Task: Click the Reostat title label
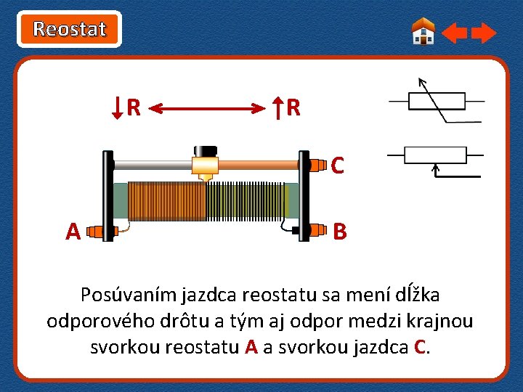pos(70,29)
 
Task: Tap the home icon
pos(423,31)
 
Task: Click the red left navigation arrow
pos(455,33)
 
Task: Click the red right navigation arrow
pos(484,33)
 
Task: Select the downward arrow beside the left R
pos(118,108)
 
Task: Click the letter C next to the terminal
pos(337,166)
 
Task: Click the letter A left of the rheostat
pos(73,232)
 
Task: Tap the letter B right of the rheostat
pos(339,232)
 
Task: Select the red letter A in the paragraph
pos(251,346)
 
